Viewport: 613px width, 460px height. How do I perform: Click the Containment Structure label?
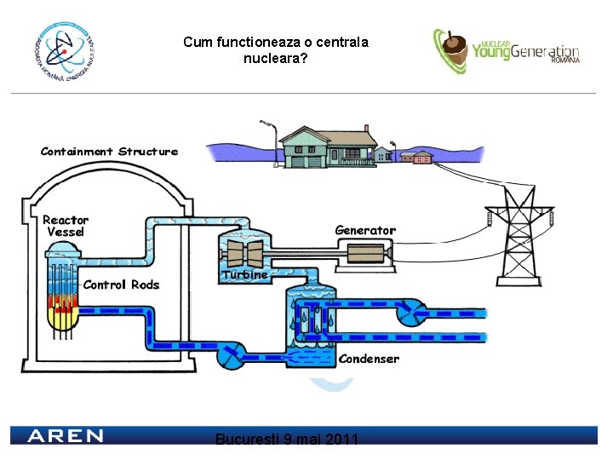[109, 152]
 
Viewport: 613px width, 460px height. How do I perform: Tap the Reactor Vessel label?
[66, 226]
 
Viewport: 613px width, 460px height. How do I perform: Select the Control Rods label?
[121, 285]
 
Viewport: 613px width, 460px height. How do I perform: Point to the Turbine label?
[245, 275]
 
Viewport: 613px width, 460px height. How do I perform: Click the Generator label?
[365, 230]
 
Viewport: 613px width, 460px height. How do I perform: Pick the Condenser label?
[369, 359]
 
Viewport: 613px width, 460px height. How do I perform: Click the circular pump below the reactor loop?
[230, 355]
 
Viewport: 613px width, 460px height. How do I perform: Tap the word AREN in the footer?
[66, 436]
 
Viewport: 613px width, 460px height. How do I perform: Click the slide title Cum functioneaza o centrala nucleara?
[275, 50]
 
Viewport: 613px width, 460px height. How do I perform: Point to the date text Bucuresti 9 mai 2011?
[287, 440]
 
